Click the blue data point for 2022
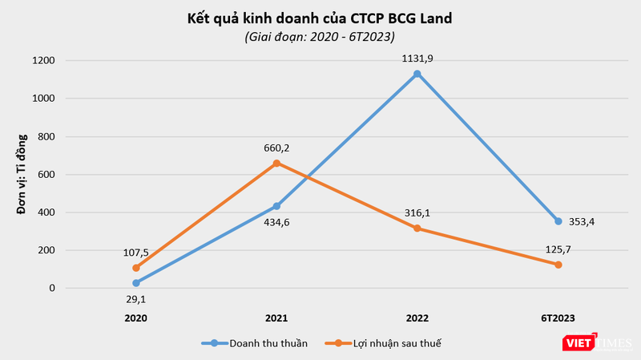(x=417, y=74)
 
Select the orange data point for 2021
(x=276, y=163)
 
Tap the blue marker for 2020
(x=136, y=283)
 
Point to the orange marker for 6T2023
(x=558, y=265)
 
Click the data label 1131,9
(x=417, y=58)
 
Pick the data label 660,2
(x=276, y=147)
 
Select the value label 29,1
(x=136, y=298)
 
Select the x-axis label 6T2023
(x=558, y=318)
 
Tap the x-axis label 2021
(x=276, y=318)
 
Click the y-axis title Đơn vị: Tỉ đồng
(x=22, y=174)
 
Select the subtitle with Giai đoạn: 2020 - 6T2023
(x=320, y=37)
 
